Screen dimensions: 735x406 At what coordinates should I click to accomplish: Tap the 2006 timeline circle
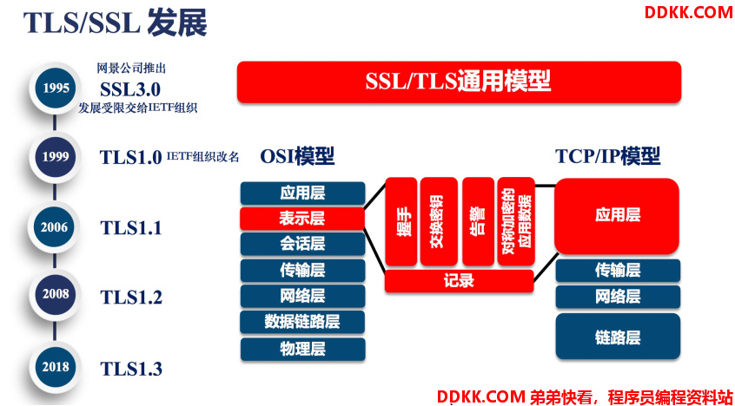(x=55, y=227)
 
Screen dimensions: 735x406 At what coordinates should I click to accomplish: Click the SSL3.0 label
(x=130, y=89)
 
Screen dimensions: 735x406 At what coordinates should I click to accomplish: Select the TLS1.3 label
(x=131, y=369)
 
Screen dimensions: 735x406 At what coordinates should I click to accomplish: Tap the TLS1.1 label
(x=131, y=227)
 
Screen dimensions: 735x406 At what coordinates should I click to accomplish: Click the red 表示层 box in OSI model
(x=302, y=219)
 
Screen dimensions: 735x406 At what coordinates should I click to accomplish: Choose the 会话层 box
(x=302, y=244)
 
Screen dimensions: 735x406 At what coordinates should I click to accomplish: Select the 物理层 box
(x=302, y=350)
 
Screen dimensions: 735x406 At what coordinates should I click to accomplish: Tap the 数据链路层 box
(x=302, y=322)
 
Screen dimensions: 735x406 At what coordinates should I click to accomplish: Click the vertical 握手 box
(x=401, y=221)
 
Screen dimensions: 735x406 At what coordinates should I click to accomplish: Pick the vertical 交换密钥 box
(x=439, y=221)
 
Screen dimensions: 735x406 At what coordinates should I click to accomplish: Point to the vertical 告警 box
(x=478, y=221)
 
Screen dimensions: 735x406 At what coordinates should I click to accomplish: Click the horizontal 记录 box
(x=460, y=281)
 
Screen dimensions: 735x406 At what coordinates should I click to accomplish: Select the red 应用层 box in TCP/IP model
(x=618, y=216)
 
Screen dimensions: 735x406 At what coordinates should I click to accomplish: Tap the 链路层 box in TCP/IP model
(x=618, y=337)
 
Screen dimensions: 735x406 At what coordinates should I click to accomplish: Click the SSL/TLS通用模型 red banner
(x=459, y=82)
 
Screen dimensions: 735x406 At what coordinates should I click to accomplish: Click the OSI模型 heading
(x=297, y=157)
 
